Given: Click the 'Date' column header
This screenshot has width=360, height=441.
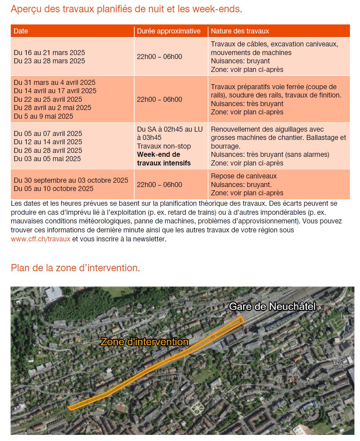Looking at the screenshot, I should (21, 31).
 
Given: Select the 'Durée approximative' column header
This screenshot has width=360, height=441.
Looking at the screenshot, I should (168, 31).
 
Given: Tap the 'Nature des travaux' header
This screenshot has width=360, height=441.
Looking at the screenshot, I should (240, 31).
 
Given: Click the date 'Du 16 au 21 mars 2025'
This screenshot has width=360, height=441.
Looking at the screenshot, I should (49, 53).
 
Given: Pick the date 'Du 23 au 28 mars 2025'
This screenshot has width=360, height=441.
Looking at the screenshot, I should (49, 61).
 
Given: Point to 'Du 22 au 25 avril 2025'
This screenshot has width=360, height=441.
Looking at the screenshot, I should (48, 99).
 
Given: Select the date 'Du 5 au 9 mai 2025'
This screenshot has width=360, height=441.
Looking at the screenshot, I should (43, 116).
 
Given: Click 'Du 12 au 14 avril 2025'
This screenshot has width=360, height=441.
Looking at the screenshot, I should (48, 142).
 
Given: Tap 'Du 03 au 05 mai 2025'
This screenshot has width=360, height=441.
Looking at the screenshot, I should (47, 159).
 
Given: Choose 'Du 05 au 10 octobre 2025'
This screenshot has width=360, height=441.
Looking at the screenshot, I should (54, 188).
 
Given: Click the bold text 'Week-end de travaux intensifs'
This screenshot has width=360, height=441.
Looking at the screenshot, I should (164, 159).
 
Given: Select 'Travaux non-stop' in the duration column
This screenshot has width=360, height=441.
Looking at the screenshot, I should (164, 146).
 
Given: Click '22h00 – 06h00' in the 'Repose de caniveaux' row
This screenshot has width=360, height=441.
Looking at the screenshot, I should (159, 185).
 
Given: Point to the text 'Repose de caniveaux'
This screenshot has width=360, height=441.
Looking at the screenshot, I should (244, 176).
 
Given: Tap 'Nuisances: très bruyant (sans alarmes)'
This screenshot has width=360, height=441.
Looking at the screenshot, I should (270, 155).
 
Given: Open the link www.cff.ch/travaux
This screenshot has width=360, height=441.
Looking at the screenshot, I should (40, 239).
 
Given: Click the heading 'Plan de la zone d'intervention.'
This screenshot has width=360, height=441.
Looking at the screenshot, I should (75, 268).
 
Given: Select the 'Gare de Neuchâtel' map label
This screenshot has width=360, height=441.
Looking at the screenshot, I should (272, 306).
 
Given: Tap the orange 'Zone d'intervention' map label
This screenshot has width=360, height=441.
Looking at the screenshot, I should (144, 342).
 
